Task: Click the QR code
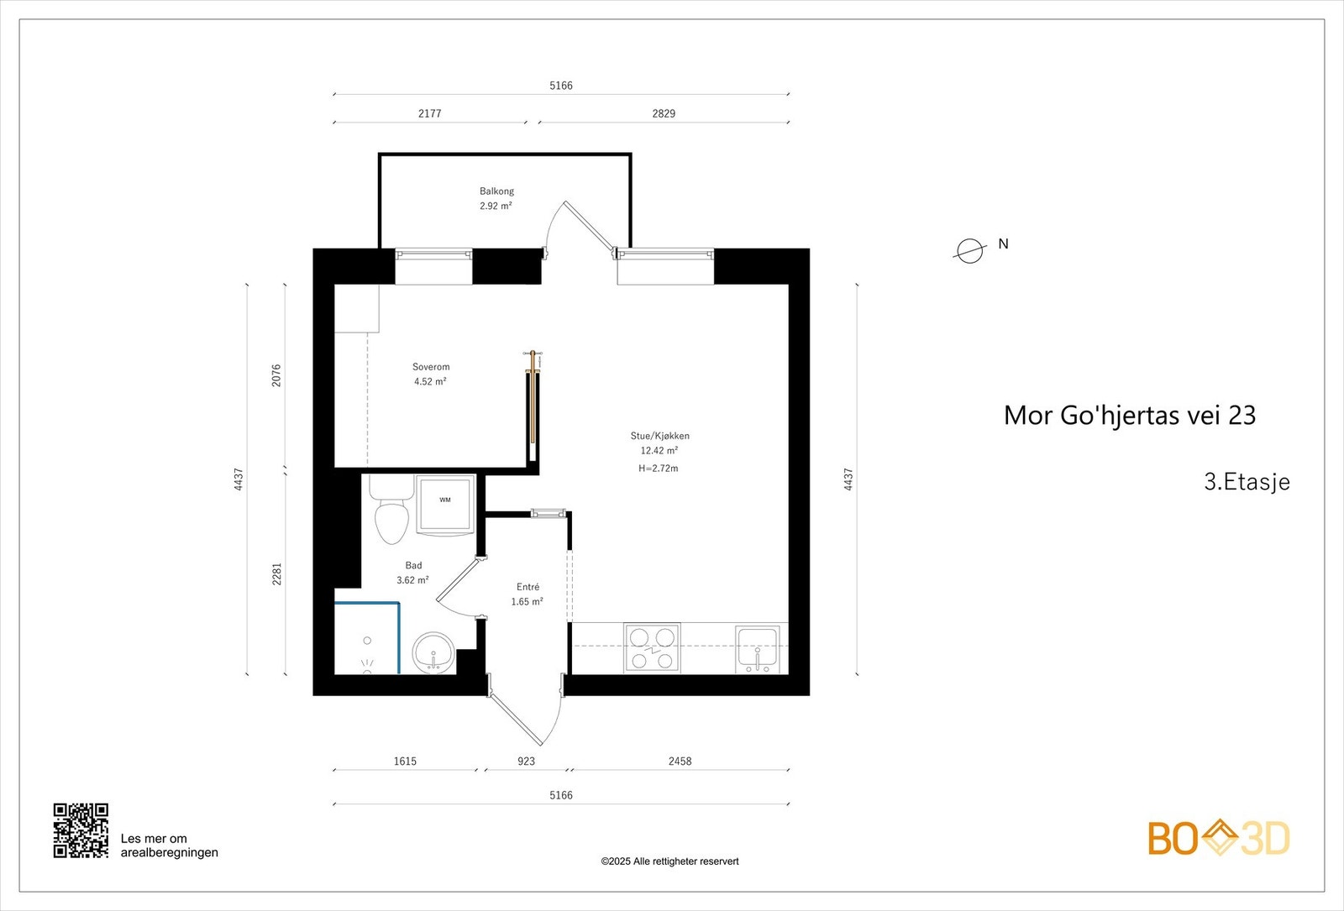(81, 830)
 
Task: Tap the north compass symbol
(969, 250)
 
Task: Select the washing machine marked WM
(445, 505)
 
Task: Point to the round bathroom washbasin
(433, 652)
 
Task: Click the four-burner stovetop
(653, 648)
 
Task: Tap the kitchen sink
(758, 649)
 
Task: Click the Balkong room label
(496, 191)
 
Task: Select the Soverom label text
(431, 367)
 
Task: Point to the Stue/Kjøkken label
(660, 436)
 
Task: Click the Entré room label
(528, 587)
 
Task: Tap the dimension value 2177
(430, 113)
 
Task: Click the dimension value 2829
(664, 113)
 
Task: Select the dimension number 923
(526, 762)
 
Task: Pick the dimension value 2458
(680, 762)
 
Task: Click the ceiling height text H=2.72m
(659, 469)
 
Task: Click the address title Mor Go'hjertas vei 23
(1130, 416)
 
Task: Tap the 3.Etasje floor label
(1247, 482)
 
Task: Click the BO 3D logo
(1218, 838)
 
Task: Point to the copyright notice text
(669, 861)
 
